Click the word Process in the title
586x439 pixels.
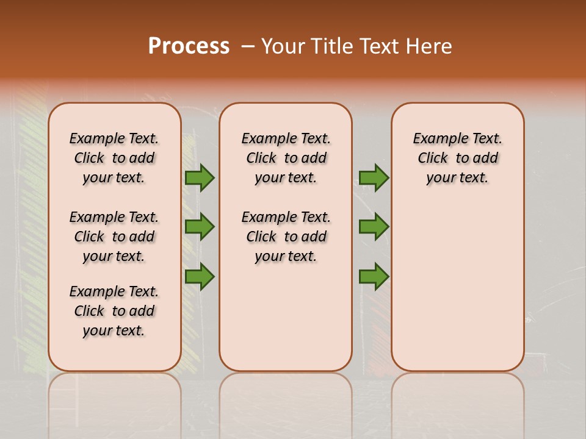point(189,46)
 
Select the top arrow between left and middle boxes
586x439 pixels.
point(200,177)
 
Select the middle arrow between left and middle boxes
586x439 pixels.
point(200,227)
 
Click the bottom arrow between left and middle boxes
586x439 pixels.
point(200,277)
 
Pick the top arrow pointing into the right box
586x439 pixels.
point(374,177)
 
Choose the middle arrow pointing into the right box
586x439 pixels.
point(374,227)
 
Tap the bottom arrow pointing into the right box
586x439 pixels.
point(374,277)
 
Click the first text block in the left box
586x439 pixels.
point(114,158)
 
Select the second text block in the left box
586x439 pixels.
point(114,237)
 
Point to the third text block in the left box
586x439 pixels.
point(114,311)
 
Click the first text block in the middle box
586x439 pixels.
point(286,158)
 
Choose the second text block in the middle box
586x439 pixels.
point(286,237)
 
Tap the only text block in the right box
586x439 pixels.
point(457,158)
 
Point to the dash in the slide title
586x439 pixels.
point(248,46)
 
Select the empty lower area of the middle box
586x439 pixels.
point(286,317)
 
